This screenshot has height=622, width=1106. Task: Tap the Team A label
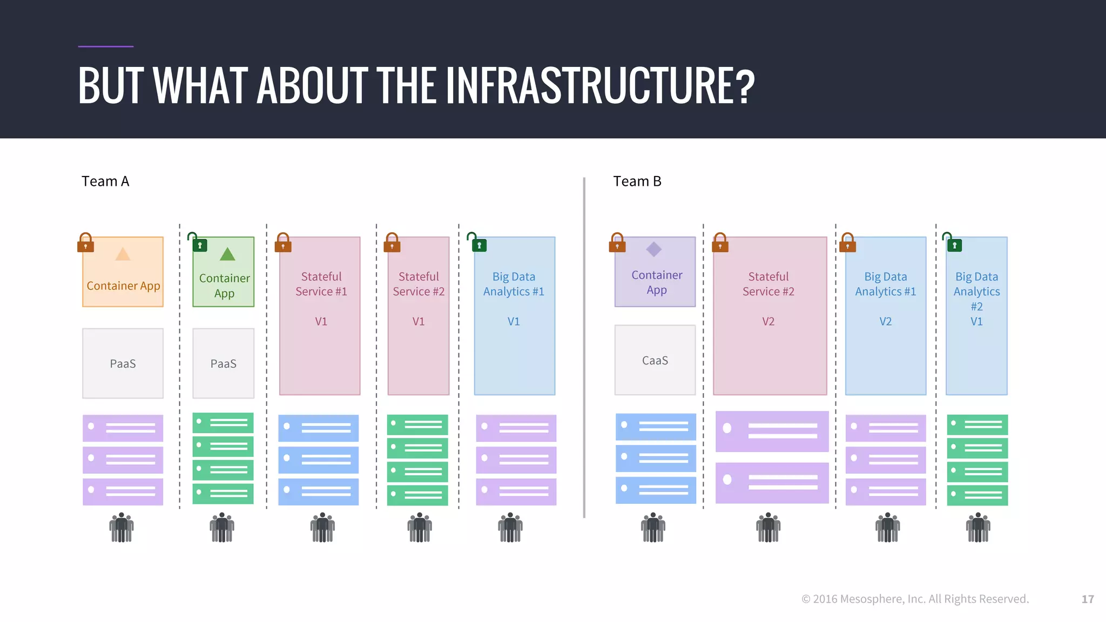pos(105,181)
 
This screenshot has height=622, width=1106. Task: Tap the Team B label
pos(637,181)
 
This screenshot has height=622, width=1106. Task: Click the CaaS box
pos(655,360)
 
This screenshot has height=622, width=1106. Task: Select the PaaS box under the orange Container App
pos(123,363)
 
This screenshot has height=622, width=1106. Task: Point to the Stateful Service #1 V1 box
pos(320,316)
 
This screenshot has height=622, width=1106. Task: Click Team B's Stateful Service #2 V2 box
pos(770,316)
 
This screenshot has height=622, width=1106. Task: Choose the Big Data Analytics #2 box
pos(976,316)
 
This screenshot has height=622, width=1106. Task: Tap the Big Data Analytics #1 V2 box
pos(886,316)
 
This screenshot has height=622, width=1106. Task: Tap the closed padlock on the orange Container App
pos(85,244)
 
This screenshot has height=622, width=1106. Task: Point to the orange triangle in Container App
pos(123,254)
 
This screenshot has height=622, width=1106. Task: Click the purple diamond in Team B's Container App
pos(654,249)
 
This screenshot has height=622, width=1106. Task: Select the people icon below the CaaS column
pos(653,528)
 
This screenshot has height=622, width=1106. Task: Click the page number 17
pos(1088,599)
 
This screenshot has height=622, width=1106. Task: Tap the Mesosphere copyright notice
pos(915,599)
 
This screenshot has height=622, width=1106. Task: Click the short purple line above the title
pos(106,46)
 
